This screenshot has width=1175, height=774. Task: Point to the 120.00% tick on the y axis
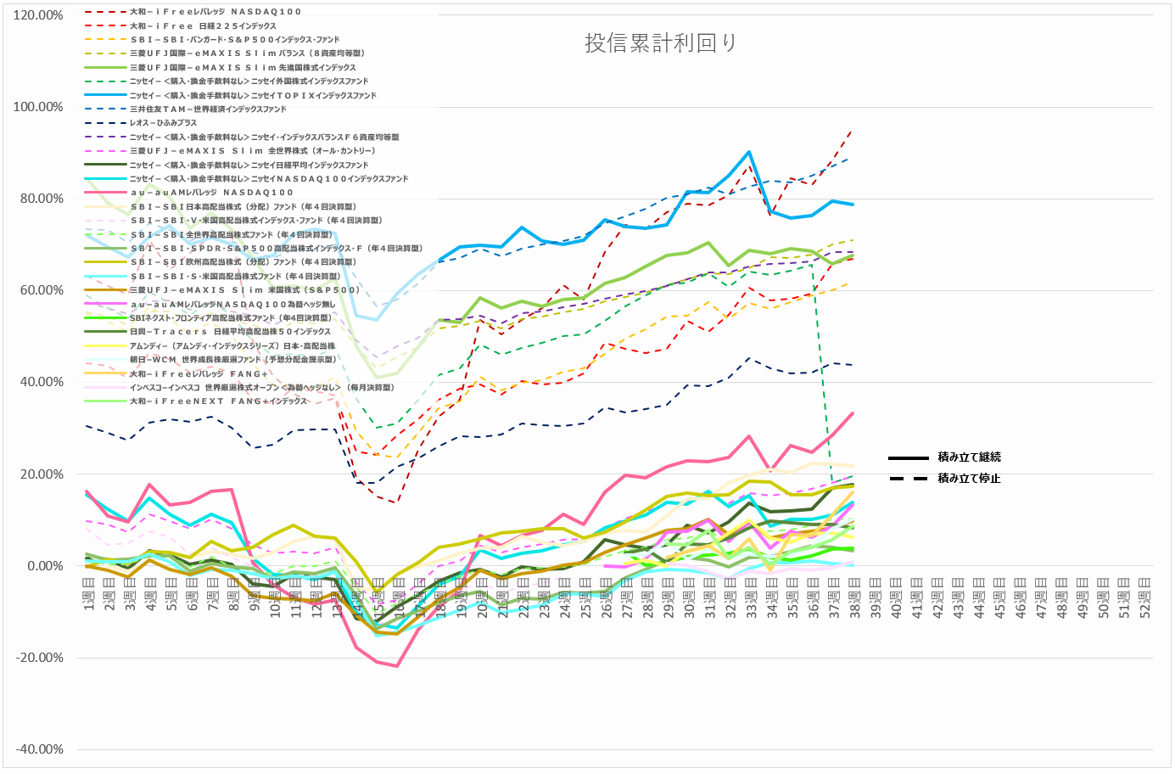(38, 15)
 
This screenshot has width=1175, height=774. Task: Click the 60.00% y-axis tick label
(40, 290)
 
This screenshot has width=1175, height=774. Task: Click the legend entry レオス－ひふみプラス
(163, 123)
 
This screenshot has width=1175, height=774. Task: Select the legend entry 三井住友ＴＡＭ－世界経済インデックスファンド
(208, 109)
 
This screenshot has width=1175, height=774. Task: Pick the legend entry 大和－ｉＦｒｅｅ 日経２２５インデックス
(203, 26)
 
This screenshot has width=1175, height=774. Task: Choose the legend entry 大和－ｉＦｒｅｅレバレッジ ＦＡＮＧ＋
(199, 373)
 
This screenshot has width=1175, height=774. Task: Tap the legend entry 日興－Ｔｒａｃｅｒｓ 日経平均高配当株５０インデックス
(230, 332)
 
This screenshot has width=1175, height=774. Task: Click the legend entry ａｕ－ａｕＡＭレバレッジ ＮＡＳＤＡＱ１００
(211, 193)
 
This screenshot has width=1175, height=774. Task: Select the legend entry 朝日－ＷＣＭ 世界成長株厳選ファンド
(232, 360)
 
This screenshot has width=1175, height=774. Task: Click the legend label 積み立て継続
(969, 457)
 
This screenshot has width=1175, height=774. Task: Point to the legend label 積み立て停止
(969, 479)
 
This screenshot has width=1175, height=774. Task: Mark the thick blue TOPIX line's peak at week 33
(749, 152)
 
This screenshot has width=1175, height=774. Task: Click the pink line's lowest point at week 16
(396, 666)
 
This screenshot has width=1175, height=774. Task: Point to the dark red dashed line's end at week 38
(853, 130)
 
